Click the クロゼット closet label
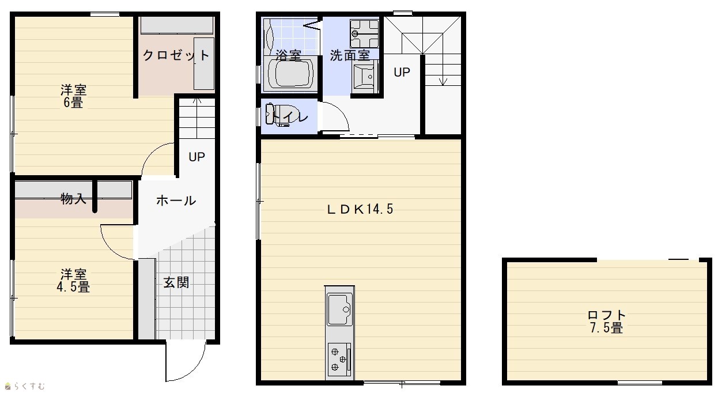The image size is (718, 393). click(176, 55)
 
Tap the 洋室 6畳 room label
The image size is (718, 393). click(73, 96)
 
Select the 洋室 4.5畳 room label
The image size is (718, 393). click(73, 281)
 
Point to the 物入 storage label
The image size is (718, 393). click(73, 199)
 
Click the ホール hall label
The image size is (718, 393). click(176, 201)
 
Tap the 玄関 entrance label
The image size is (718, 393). click(176, 282)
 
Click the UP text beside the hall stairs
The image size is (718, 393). click(196, 157)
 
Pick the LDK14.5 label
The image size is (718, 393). click(360, 209)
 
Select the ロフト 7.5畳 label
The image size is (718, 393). click(606, 321)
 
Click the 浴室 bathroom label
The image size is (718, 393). click(288, 55)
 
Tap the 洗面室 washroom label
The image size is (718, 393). click(350, 55)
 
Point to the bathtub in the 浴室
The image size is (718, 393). click(290, 73)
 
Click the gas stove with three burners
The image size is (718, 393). click(339, 360)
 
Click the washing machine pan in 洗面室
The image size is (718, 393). click(364, 33)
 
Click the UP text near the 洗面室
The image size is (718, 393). click(402, 72)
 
